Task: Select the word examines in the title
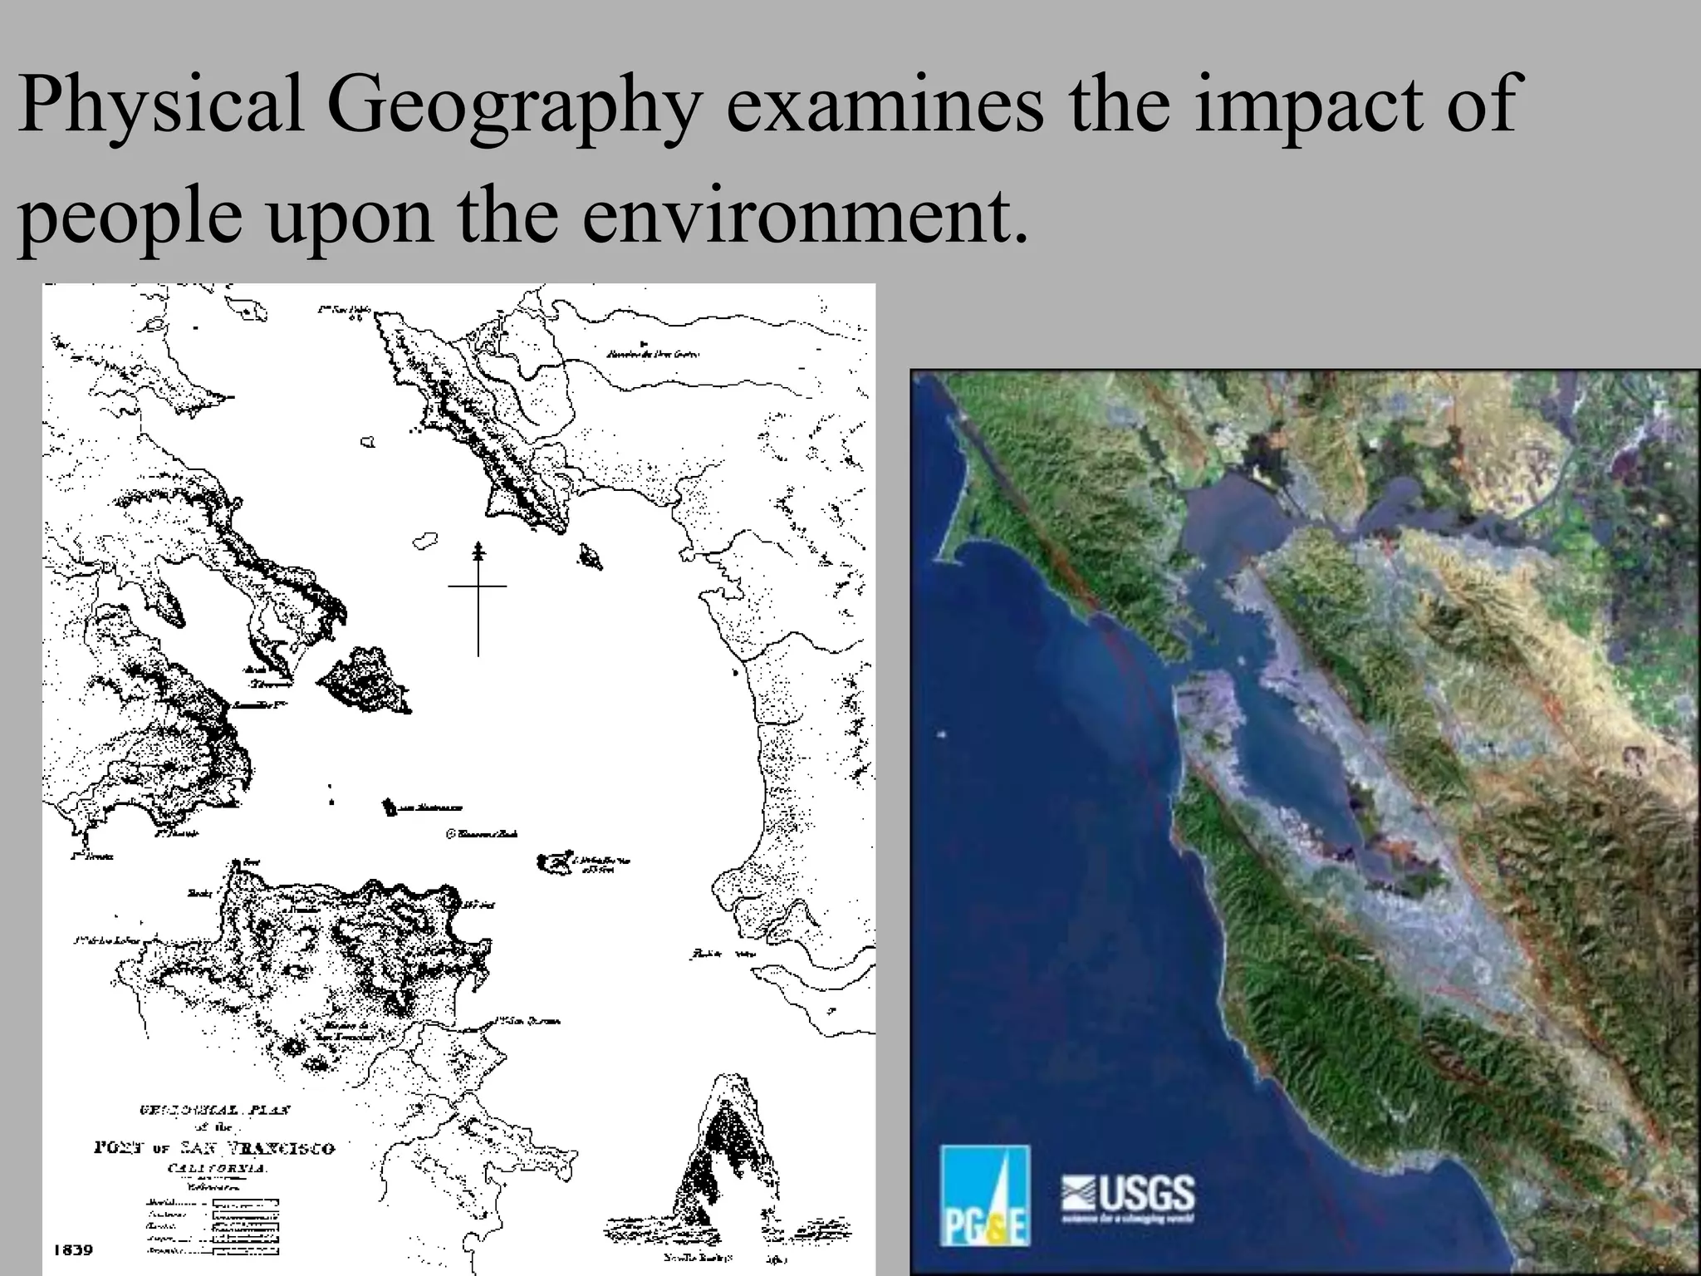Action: tap(884, 106)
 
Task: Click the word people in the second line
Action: tap(130, 216)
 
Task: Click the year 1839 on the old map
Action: tap(73, 1249)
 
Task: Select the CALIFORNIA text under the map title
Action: tap(214, 1167)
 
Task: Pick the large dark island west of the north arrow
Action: tap(364, 682)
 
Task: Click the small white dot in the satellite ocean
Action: tap(940, 734)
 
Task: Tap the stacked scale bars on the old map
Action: tap(245, 1226)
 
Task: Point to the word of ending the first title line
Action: tap(1487, 106)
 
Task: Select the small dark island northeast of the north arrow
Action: tap(591, 555)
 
